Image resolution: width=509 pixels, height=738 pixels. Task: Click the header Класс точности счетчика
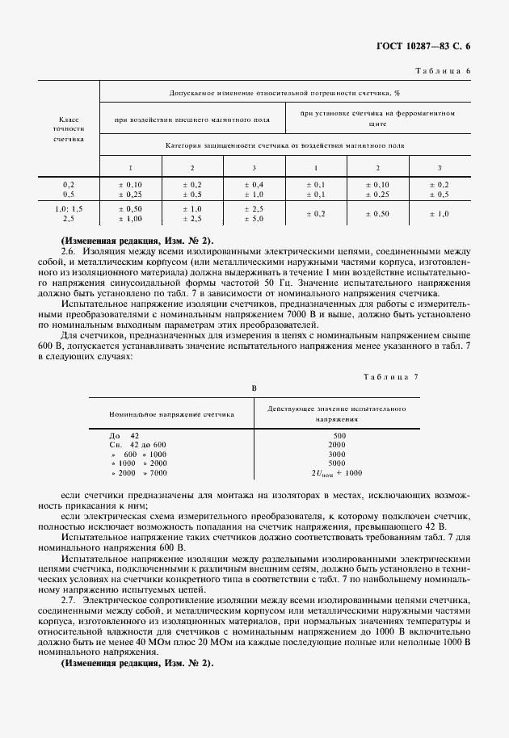click(68, 128)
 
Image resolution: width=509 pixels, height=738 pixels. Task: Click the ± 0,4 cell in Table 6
click(254, 184)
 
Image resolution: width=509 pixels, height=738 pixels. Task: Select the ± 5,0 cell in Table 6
click(254, 219)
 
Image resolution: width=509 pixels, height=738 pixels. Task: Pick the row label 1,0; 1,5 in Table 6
click(69, 209)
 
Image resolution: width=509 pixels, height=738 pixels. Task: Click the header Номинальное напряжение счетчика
click(171, 413)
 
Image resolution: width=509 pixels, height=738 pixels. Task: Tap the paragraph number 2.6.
click(68, 250)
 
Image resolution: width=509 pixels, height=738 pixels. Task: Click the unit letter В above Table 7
click(254, 388)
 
